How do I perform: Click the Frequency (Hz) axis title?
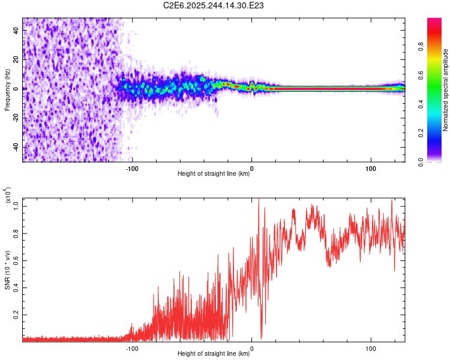[8, 89]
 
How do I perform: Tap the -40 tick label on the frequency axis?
[17, 147]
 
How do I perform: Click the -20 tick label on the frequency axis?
[17, 118]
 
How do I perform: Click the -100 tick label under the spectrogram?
[132, 169]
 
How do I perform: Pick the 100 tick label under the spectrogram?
[371, 169]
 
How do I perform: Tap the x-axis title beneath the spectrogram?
[214, 175]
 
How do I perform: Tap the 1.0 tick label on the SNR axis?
[16, 206]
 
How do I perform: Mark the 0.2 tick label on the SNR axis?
[16, 314]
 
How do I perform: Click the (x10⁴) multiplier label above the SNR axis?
[8, 194]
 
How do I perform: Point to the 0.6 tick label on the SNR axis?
[16, 260]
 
